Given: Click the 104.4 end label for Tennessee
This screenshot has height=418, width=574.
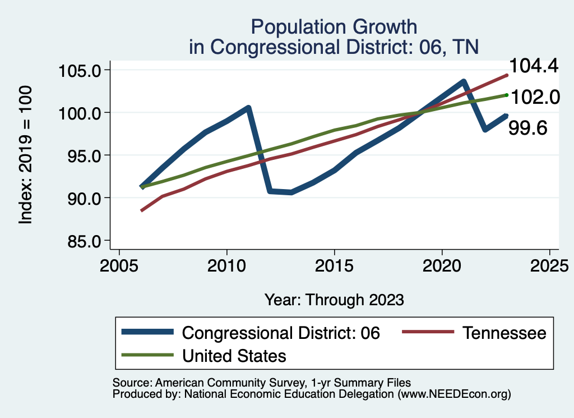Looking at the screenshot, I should [534, 67].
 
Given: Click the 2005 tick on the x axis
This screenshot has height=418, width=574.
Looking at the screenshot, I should [119, 265].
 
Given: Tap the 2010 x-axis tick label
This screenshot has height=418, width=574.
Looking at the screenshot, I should [226, 265].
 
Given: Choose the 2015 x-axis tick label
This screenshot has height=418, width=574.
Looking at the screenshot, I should [334, 265].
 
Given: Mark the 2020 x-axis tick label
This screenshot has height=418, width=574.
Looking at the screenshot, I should [442, 265].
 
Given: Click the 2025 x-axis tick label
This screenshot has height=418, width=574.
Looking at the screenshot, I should [550, 265].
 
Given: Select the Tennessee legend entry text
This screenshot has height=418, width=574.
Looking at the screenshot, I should [504, 333].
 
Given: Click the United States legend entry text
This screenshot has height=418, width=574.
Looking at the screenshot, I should [234, 355].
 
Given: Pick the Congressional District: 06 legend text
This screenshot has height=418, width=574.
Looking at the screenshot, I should [281, 333].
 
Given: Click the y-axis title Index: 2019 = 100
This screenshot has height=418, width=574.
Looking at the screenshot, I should [26, 155].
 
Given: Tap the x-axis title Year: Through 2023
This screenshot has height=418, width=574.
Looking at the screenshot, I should [334, 300].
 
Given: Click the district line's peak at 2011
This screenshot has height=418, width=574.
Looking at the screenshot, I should [248, 107].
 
